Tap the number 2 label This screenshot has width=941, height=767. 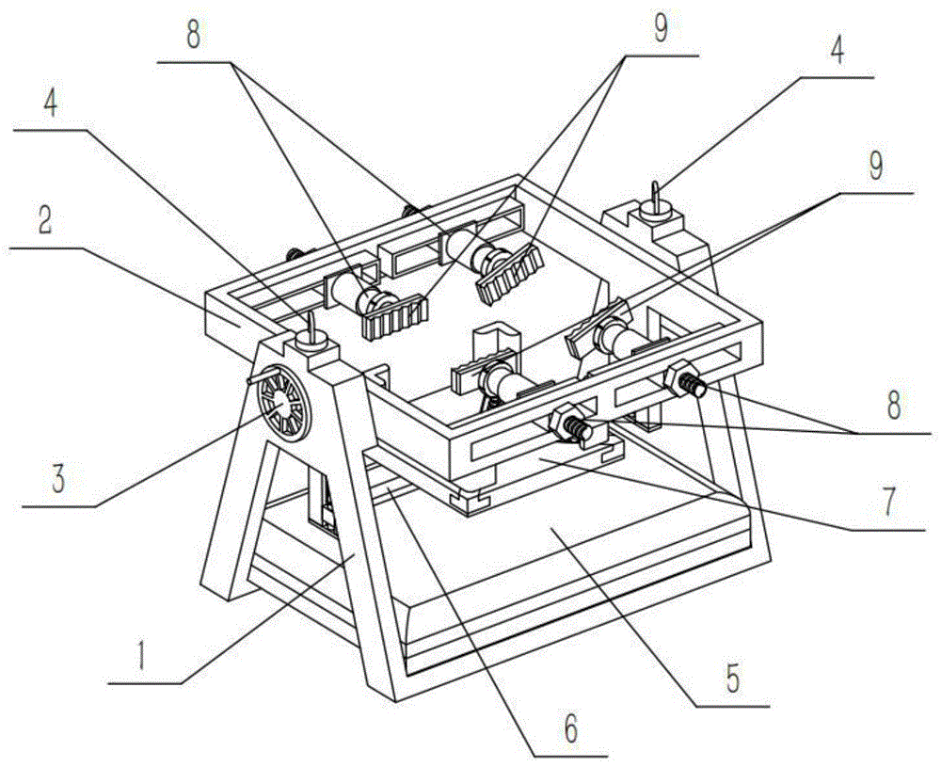[x=44, y=223]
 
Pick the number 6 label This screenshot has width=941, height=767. [x=570, y=727]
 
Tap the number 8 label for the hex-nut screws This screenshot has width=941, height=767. [x=892, y=407]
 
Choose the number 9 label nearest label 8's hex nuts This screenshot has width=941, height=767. [x=875, y=167]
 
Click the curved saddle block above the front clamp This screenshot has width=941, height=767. [x=497, y=341]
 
